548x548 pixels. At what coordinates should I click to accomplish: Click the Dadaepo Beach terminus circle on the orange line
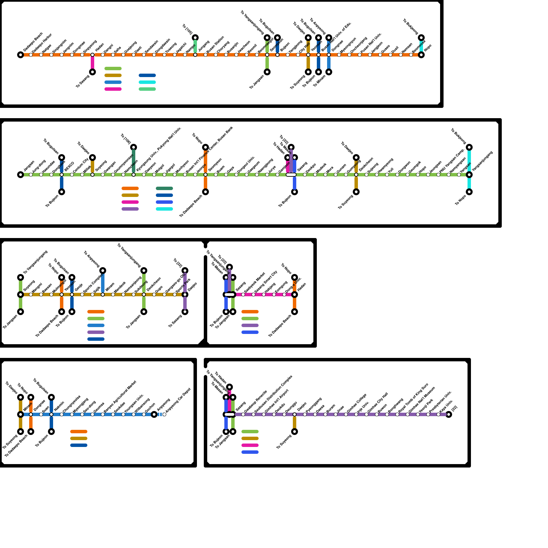(21, 55)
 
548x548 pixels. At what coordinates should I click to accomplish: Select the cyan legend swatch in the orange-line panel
(147, 82)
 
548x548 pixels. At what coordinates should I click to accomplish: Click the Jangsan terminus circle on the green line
(21, 175)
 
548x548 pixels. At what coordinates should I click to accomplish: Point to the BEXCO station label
(69, 167)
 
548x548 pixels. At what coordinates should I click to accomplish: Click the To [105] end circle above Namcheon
(134, 147)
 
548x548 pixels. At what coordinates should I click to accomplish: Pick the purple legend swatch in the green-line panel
(130, 209)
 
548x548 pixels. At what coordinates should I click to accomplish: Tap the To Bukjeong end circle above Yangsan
(469, 147)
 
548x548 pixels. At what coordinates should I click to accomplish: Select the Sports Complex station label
(93, 282)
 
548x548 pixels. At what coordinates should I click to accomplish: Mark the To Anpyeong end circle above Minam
(103, 271)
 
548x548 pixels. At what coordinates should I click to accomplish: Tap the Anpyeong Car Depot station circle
(164, 414)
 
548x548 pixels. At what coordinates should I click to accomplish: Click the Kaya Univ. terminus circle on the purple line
(449, 414)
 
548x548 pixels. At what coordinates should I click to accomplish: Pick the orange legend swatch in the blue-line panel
(79, 432)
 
